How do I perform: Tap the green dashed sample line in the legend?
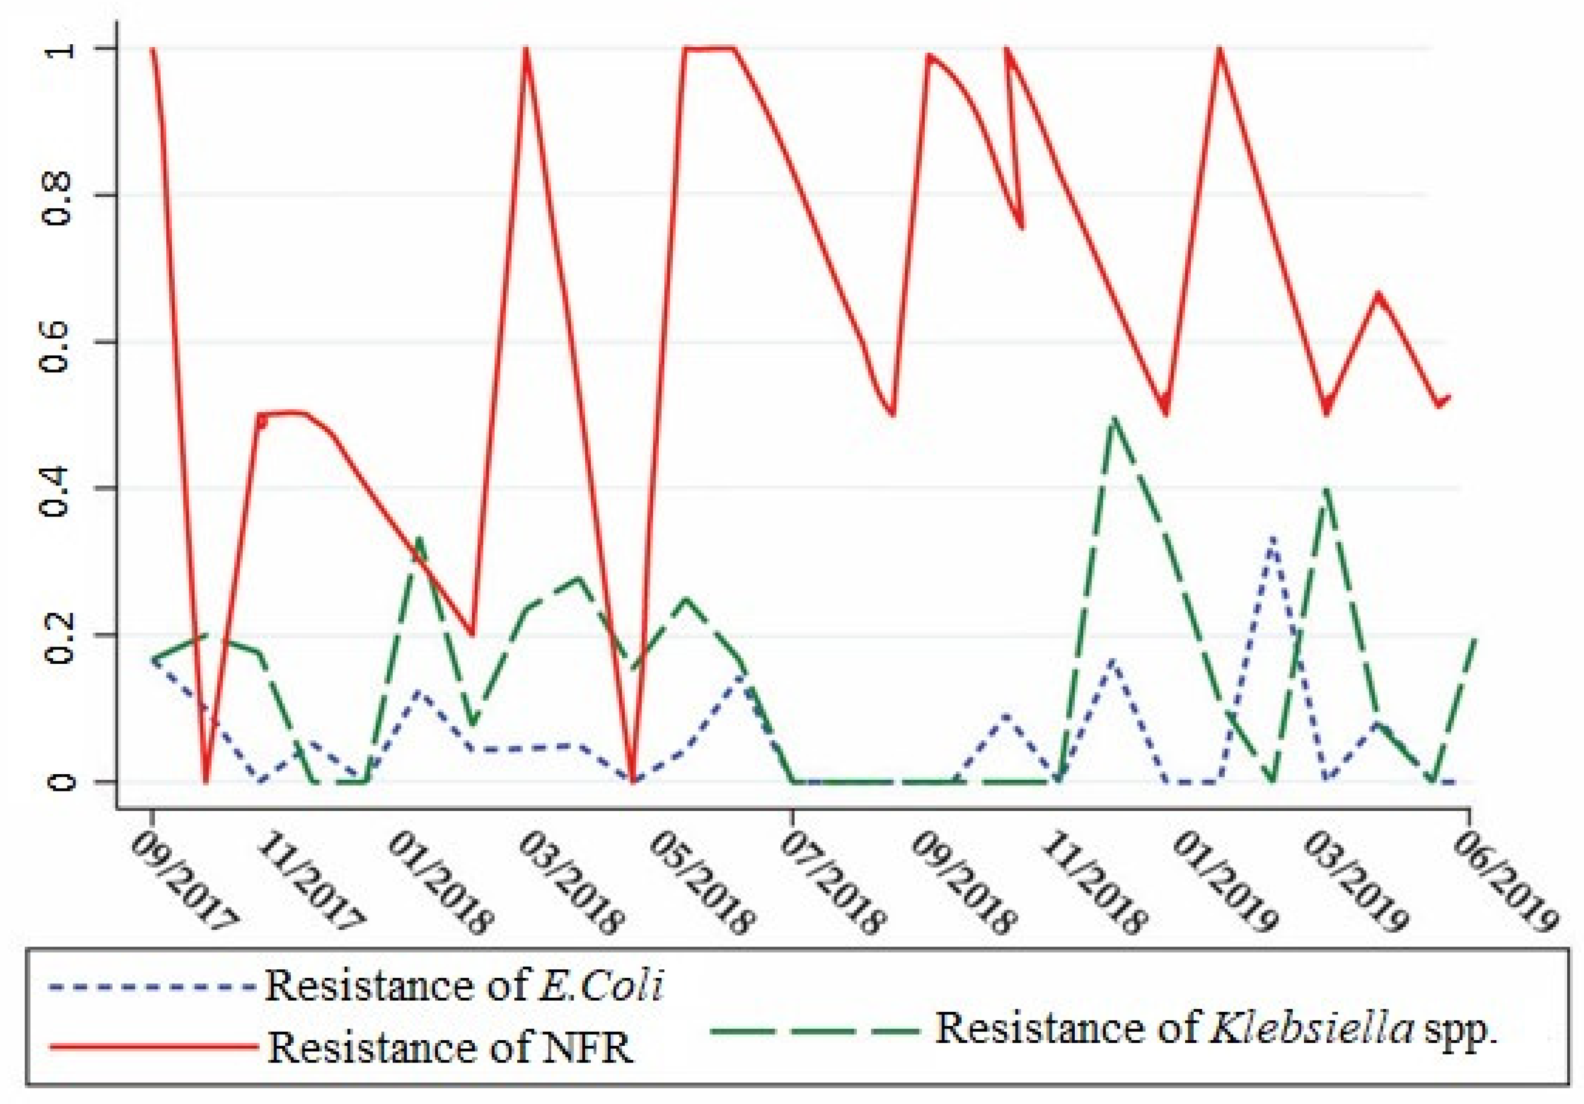coord(814,1030)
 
